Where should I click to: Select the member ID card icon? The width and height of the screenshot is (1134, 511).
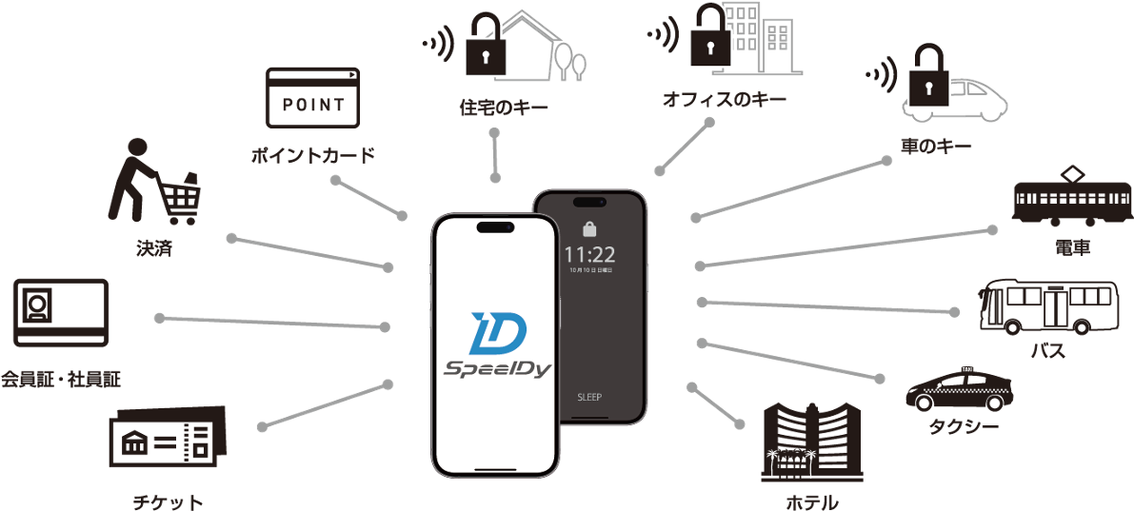coord(61,311)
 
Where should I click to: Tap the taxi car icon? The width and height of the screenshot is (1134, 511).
coord(960,389)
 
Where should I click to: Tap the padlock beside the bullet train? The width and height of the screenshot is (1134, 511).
coord(926,77)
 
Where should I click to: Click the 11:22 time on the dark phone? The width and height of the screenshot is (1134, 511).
coord(589,254)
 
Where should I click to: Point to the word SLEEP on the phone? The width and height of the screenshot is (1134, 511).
coord(589,397)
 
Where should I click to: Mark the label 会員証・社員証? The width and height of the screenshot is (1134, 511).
coord(61,381)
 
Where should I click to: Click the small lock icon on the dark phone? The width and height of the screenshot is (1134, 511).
coord(588,229)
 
